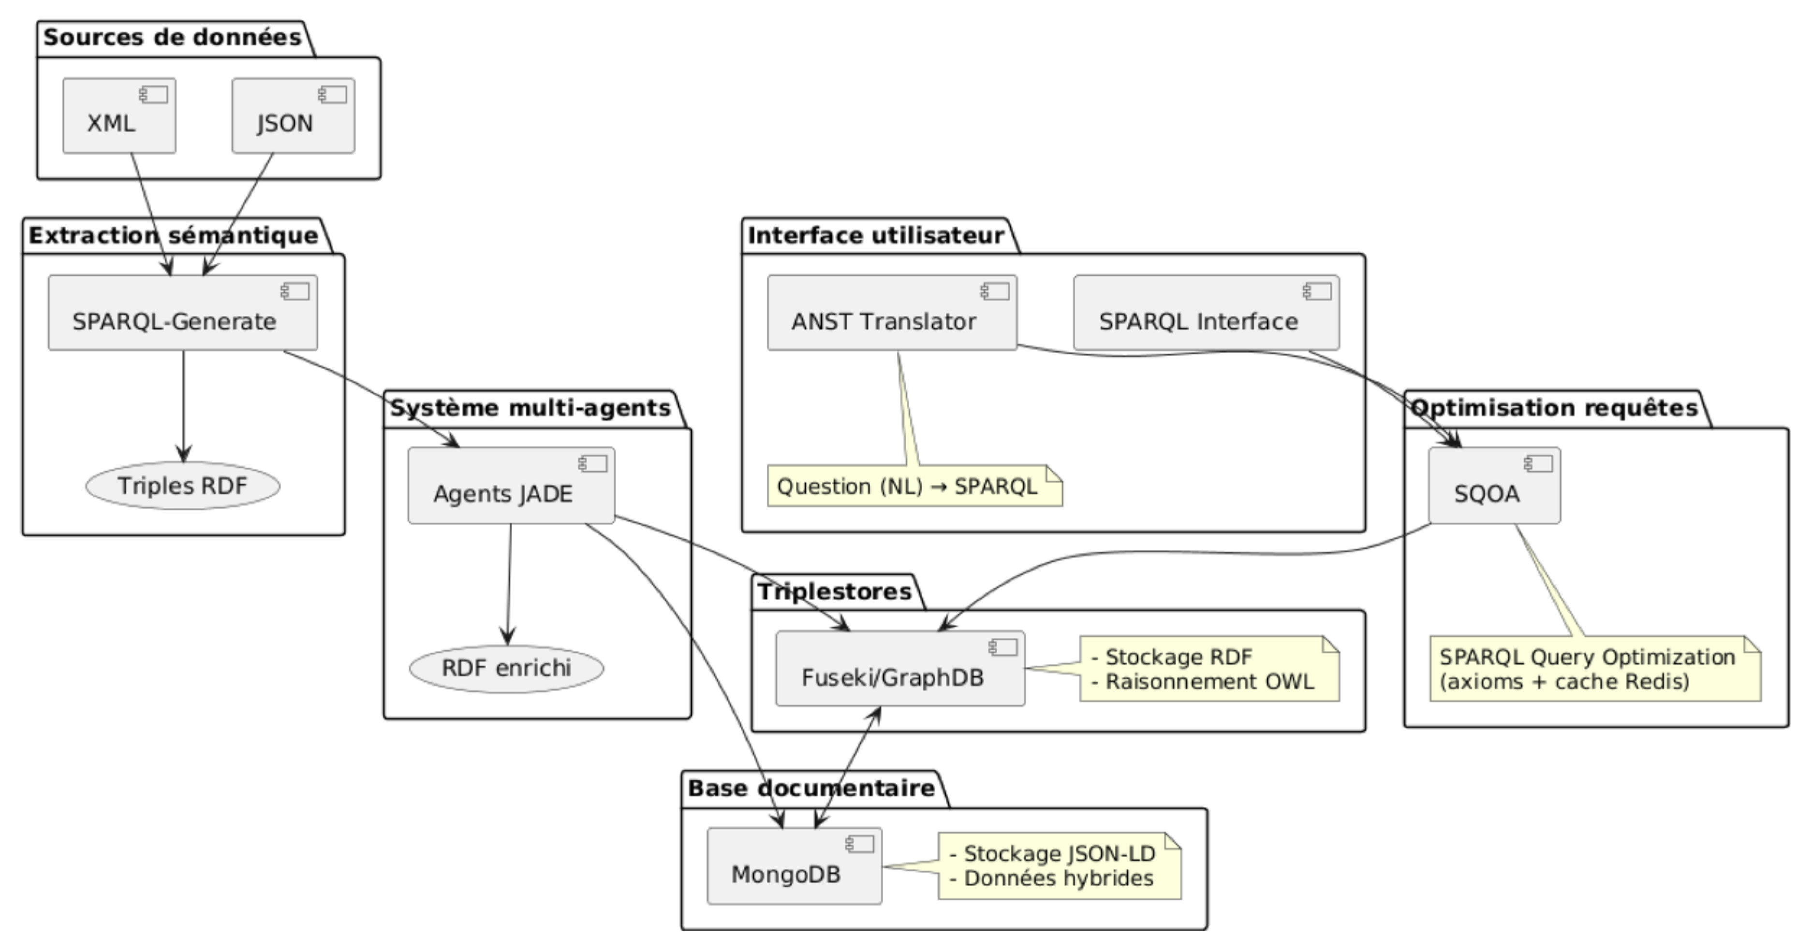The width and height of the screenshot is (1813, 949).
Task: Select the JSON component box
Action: [293, 116]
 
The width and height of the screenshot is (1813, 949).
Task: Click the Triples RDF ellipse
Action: [182, 486]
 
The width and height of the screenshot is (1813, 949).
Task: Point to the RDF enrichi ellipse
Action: [506, 668]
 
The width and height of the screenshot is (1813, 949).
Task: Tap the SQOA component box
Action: [1493, 486]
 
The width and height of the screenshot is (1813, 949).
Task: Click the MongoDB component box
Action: [794, 866]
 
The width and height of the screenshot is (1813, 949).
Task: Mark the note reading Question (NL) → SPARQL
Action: [914, 486]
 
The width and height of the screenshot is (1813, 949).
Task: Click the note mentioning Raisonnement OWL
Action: [1209, 669]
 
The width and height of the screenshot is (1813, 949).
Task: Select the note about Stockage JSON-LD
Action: [1059, 866]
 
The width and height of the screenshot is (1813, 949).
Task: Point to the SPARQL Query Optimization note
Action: [1594, 669]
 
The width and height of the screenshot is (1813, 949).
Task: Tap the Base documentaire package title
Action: [811, 789]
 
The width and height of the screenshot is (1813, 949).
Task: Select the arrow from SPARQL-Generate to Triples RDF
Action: [184, 404]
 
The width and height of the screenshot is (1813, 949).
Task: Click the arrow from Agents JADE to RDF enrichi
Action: [509, 584]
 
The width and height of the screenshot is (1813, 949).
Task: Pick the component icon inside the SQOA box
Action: [1538, 463]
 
